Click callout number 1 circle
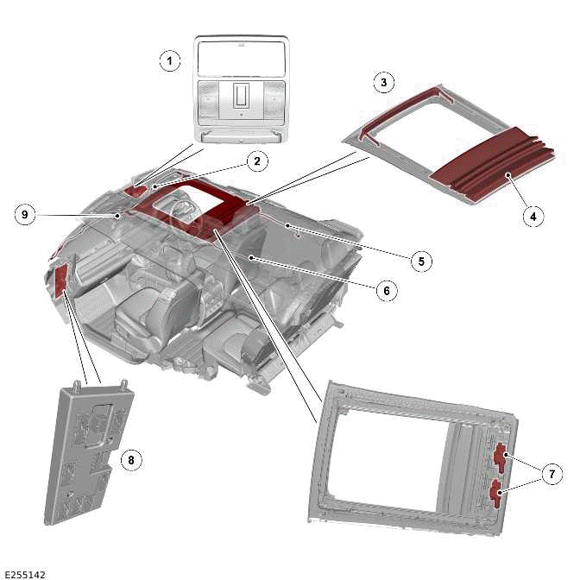tap(171, 60)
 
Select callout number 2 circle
tap(255, 161)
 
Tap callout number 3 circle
tap(384, 83)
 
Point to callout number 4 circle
tap(533, 216)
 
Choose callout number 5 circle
tap(420, 259)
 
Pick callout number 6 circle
tap(386, 291)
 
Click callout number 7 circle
tap(549, 474)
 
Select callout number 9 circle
tap(26, 215)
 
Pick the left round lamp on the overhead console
tap(209, 98)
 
